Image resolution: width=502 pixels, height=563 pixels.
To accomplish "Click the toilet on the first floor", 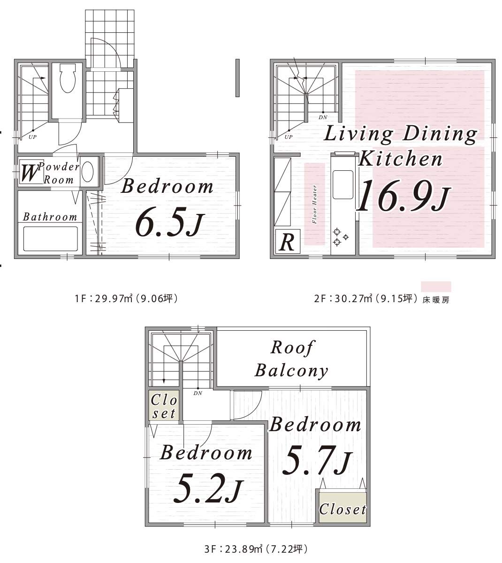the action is pos(67,78).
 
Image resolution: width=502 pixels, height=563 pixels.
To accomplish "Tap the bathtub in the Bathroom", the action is pos(51,239).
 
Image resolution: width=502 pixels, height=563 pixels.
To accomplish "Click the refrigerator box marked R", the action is pos(288,241).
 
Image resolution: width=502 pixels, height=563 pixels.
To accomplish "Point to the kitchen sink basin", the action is pos(343,184).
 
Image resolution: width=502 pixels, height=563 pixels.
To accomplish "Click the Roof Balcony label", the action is pos(291,359).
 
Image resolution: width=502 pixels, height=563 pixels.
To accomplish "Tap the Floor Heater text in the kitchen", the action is pos(315,204).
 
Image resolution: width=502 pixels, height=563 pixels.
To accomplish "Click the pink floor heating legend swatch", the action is pos(436,287).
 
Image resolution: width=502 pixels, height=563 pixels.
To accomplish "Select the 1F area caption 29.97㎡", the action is pos(126,299).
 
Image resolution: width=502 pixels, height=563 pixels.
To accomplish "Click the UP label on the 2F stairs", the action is pos(288,137).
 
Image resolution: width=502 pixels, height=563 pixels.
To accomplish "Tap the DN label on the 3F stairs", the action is pos(198,393).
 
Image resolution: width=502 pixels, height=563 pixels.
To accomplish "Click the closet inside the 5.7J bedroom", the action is pos(342,508).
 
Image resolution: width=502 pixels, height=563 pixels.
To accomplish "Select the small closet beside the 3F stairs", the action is pos(164,405).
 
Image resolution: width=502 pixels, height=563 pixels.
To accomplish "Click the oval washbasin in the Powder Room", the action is pos(88,172).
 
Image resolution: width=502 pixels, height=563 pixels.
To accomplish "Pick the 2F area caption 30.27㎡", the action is pos(365,299).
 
